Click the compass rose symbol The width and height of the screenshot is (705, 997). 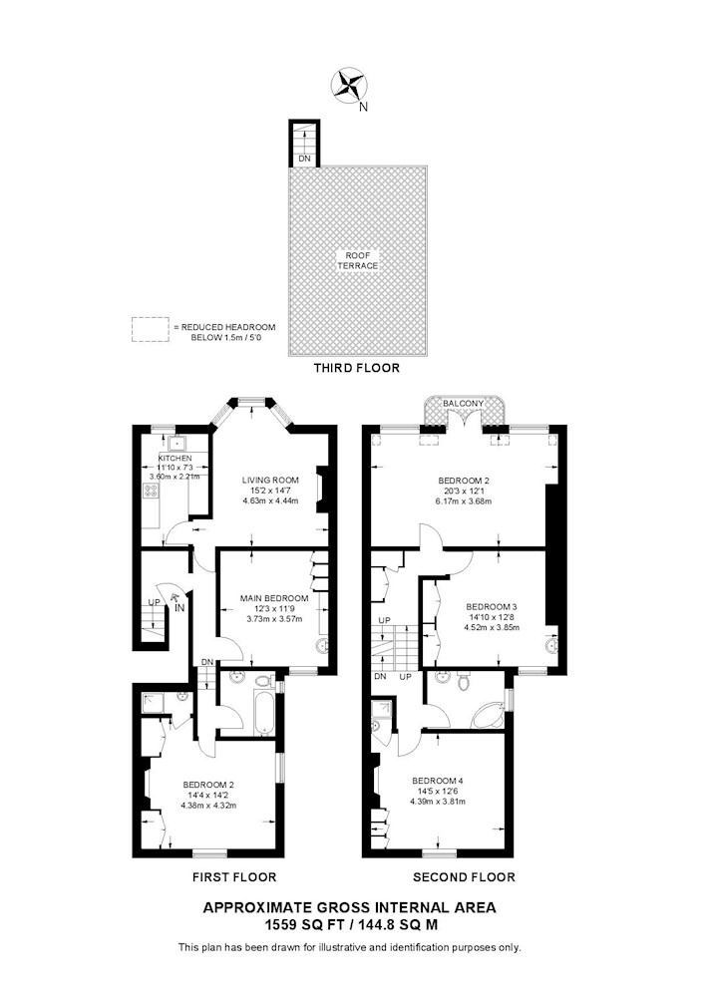pyautogui.click(x=349, y=86)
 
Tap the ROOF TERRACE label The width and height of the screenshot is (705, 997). pyautogui.click(x=358, y=260)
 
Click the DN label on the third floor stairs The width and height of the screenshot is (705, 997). pyautogui.click(x=304, y=159)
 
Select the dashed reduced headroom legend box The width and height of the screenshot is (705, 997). pyautogui.click(x=151, y=329)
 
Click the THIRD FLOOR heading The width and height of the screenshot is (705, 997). pyautogui.click(x=357, y=368)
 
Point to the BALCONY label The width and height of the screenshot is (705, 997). pyautogui.click(x=464, y=404)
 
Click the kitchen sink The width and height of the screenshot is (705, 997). pyautogui.click(x=176, y=444)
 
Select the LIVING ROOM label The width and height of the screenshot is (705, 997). pyautogui.click(x=270, y=481)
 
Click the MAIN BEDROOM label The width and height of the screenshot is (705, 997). pyautogui.click(x=274, y=598)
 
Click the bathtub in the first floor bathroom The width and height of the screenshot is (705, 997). pyautogui.click(x=263, y=714)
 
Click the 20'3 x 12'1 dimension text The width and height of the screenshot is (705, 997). pyautogui.click(x=464, y=491)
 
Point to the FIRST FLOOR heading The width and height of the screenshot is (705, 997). pyautogui.click(x=234, y=877)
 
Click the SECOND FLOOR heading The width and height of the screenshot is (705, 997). pyautogui.click(x=464, y=877)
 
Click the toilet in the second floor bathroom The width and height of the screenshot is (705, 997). pyautogui.click(x=464, y=683)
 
